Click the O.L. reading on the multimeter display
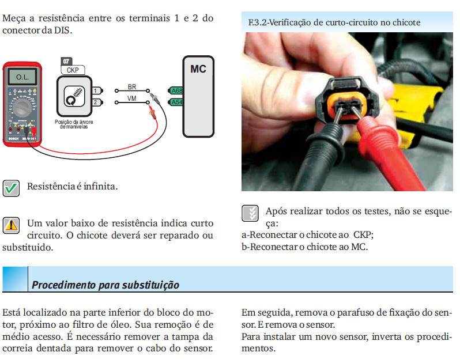point(22,77)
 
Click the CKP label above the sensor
point(73,70)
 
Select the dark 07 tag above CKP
point(66,61)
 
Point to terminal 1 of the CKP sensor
point(97,90)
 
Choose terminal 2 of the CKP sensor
point(97,102)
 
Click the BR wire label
point(132,87)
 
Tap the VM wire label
point(132,98)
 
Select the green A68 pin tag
point(176,90)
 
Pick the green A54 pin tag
point(176,102)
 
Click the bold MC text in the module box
point(198,69)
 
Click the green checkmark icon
point(11,188)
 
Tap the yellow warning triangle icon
point(11,225)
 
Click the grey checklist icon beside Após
point(250,213)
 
